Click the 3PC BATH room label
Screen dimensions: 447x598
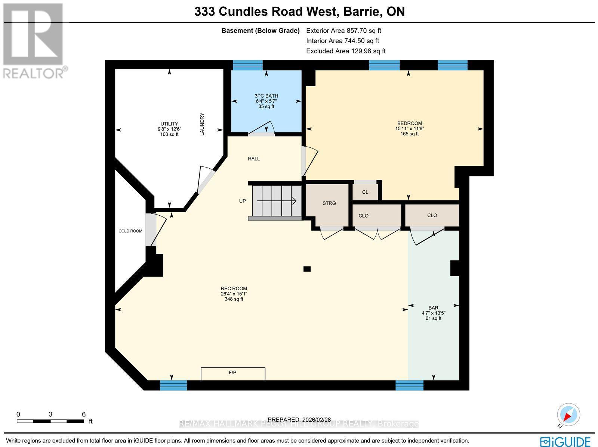pos(266,96)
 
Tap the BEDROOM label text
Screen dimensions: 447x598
pos(409,124)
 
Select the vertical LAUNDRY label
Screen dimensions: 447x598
pos(202,124)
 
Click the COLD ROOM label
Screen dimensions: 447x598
pos(130,231)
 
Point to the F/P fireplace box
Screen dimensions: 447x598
pos(233,373)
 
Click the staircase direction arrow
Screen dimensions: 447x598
pos(277,201)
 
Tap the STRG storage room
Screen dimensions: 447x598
pos(329,203)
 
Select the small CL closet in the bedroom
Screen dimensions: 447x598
pos(365,192)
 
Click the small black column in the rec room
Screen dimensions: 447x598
pos(307,269)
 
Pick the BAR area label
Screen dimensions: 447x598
pos(433,308)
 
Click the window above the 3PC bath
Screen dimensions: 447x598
pos(247,65)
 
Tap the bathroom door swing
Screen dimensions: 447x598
pos(262,128)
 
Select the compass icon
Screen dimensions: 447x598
pos(568,415)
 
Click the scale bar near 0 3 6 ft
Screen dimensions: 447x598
pos(50,421)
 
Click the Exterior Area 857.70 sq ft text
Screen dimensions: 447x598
pos(343,31)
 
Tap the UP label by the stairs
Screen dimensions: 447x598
pos(243,201)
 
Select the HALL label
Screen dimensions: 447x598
pos(254,159)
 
